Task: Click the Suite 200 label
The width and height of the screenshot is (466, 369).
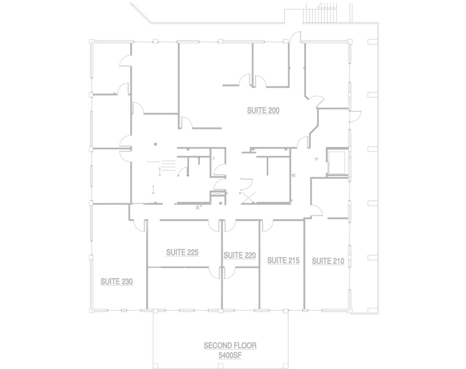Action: pyautogui.click(x=263, y=111)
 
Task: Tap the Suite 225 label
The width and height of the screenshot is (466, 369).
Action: pyautogui.click(x=182, y=253)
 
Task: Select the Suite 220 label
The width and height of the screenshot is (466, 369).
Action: pyautogui.click(x=239, y=256)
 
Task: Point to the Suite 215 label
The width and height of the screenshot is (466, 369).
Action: pyautogui.click(x=283, y=261)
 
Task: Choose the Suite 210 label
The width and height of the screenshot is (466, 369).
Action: pyautogui.click(x=328, y=261)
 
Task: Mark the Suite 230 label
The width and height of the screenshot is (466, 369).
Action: pyautogui.click(x=116, y=282)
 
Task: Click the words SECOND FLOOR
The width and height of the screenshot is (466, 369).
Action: pyautogui.click(x=230, y=346)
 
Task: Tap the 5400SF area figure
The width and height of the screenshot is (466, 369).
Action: pyautogui.click(x=230, y=355)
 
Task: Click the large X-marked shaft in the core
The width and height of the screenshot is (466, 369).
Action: pyautogui.click(x=248, y=197)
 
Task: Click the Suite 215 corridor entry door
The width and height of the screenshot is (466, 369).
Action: pyautogui.click(x=267, y=226)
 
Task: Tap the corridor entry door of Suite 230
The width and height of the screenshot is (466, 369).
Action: pyautogui.click(x=138, y=226)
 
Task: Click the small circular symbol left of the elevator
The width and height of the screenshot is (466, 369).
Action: pyautogui.click(x=317, y=159)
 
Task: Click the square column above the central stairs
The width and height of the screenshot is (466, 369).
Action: pyautogui.click(x=156, y=144)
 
